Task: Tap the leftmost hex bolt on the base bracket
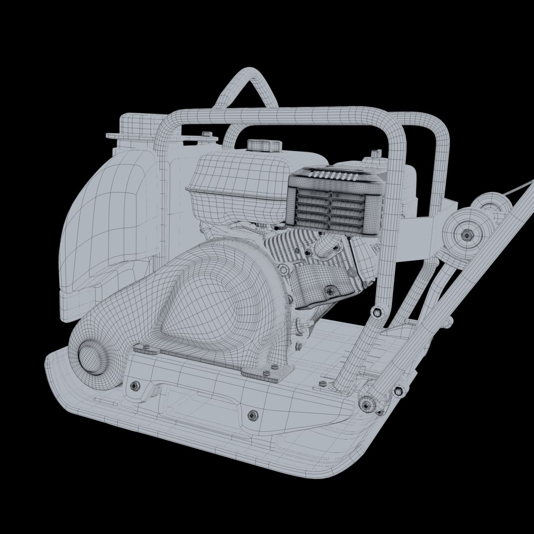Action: (134, 386)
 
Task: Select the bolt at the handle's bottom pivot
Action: (365, 405)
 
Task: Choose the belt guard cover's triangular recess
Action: (208, 316)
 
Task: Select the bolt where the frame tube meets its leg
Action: (378, 311)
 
